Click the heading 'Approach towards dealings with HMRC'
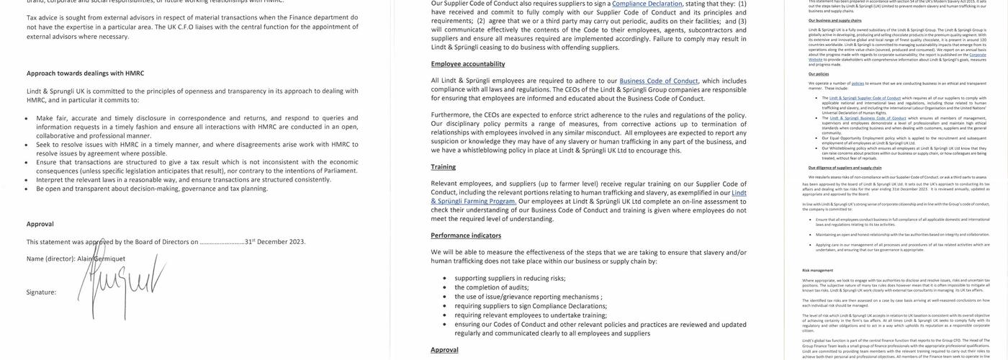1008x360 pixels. pyautogui.click(x=85, y=73)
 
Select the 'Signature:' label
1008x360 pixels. pyautogui.click(x=41, y=292)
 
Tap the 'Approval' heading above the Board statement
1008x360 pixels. pyautogui.click(x=40, y=224)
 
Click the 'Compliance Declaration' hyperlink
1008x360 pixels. pyautogui.click(x=647, y=4)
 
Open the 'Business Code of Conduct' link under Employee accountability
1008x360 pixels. pyautogui.click(x=659, y=81)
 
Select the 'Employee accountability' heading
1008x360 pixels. pyautogui.click(x=468, y=64)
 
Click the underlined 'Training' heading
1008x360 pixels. pyautogui.click(x=444, y=167)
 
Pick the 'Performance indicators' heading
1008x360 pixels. pyautogui.click(x=466, y=235)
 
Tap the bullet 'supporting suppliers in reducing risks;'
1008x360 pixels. pyautogui.click(x=510, y=278)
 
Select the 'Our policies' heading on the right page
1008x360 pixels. pyautogui.click(x=818, y=73)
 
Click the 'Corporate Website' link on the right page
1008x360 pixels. pyautogui.click(x=978, y=55)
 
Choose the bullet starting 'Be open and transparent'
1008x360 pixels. pyautogui.click(x=152, y=189)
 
